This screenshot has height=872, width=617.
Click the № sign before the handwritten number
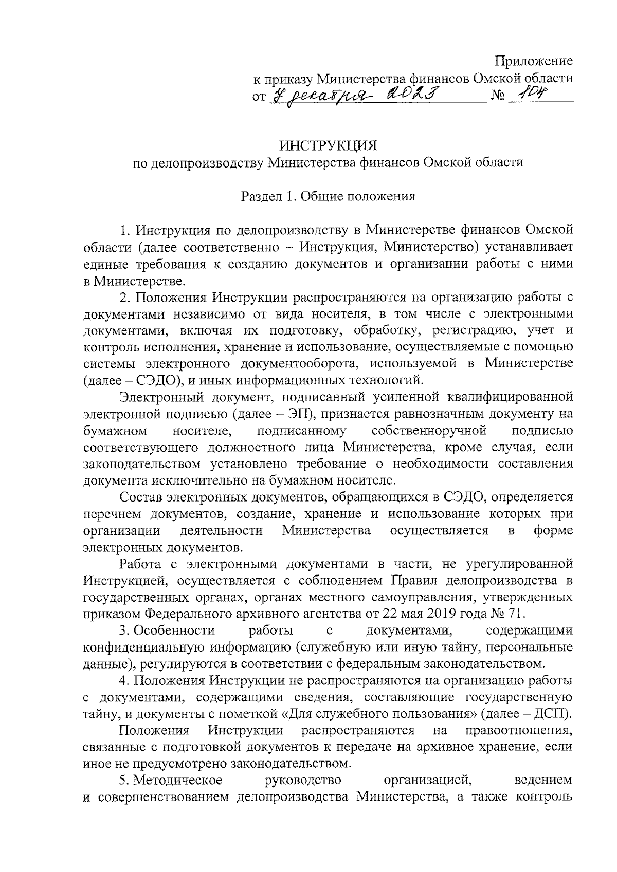498,96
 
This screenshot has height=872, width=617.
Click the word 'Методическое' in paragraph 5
178,795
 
